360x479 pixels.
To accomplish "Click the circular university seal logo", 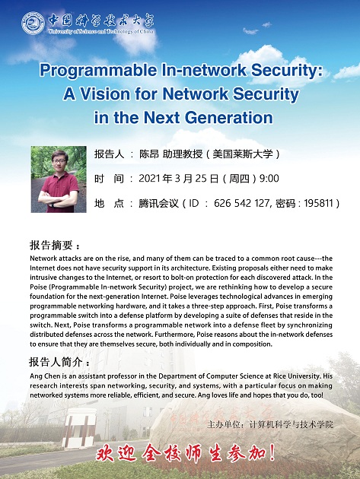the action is coord(33,24).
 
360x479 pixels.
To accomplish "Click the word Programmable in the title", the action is coord(99,71).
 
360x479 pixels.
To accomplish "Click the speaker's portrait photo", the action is coord(59,179).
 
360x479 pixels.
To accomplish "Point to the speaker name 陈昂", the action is coord(149,154).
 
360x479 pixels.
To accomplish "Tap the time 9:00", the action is coord(269,179).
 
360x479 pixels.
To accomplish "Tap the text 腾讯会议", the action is coord(158,203).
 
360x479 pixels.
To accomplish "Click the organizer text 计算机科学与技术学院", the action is coord(292,424).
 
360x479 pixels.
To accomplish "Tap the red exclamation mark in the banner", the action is coord(272,452).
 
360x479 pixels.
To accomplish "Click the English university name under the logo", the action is coord(101,31).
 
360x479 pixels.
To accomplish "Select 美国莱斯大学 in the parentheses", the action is coord(242,154).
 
